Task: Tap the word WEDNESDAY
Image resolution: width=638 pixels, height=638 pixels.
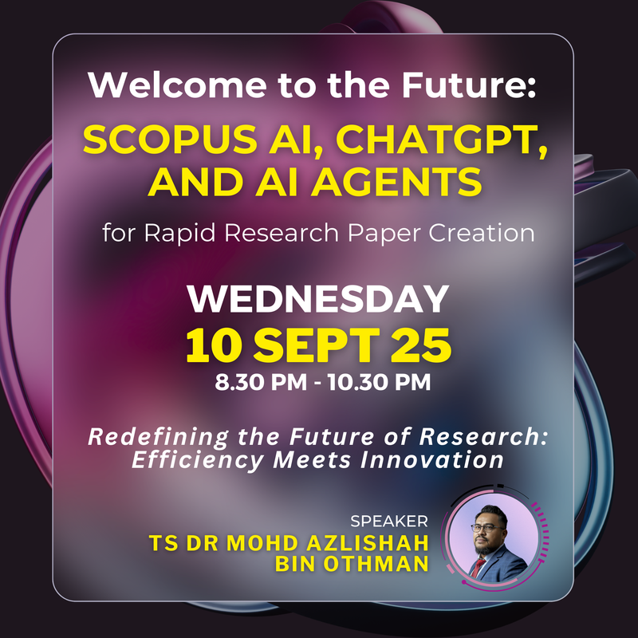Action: [x=318, y=298]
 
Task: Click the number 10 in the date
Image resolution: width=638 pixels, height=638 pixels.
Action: [x=214, y=345]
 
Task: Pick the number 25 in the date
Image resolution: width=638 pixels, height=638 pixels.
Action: [x=421, y=345]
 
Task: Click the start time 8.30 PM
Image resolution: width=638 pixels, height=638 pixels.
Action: [x=261, y=382]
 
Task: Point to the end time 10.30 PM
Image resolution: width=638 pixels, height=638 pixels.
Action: [x=380, y=382]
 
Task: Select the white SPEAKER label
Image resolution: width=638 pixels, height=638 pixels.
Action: [x=389, y=522]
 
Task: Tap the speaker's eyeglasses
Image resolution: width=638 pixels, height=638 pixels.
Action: [x=487, y=528]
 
